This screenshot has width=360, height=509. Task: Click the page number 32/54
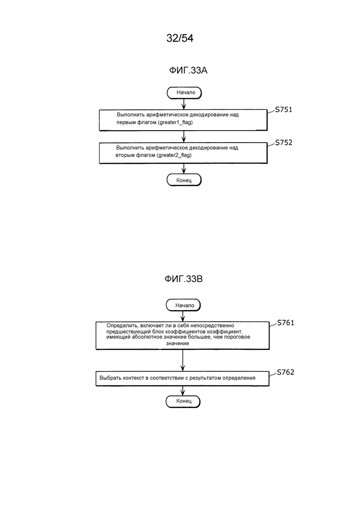[180, 38]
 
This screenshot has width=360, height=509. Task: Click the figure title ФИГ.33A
[188, 70]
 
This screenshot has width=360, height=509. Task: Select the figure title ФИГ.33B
[184, 279]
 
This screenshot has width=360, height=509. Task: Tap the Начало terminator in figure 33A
[184, 93]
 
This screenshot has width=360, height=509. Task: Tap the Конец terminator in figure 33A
[184, 180]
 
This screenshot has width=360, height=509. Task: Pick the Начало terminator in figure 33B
[183, 305]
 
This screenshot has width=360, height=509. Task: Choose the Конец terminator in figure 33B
[183, 401]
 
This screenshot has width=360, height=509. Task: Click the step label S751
[284, 110]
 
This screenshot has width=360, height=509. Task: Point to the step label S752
[284, 143]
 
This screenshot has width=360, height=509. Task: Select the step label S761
[286, 323]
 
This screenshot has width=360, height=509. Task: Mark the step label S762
[286, 372]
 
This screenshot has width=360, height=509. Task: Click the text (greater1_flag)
[175, 123]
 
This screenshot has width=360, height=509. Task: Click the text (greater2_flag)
[174, 155]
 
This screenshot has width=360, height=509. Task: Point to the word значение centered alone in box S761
[178, 343]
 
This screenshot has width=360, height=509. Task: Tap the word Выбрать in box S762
[110, 378]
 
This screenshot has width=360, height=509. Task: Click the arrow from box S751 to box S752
[184, 137]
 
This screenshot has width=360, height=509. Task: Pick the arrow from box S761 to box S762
[183, 360]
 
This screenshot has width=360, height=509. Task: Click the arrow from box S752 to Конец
[184, 168]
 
